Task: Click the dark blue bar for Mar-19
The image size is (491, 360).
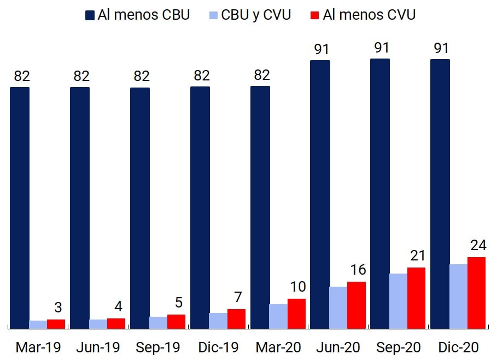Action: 20,208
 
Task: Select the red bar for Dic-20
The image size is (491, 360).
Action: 476,293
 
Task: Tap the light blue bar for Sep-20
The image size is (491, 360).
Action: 398,301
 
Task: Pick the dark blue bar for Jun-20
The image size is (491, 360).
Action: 320,194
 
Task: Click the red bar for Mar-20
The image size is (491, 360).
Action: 296,313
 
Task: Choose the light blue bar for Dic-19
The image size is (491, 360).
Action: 218,321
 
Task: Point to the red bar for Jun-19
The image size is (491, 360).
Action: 116,323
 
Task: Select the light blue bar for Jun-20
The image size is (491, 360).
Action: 338,307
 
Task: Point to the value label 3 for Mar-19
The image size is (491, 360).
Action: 58,307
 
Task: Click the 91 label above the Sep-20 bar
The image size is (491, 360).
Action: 382,48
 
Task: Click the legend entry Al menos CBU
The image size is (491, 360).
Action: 138,15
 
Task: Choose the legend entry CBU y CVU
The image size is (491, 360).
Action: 249,15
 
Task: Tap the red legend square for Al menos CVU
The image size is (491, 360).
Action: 314,15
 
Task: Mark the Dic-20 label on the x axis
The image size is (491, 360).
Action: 459,347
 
